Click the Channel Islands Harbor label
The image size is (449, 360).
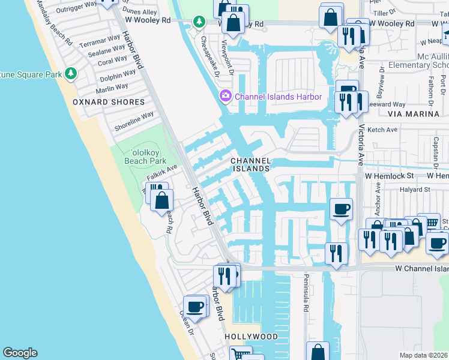tap(278, 97)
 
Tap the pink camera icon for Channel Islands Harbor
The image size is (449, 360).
tap(226, 96)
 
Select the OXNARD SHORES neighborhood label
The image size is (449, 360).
tap(109, 102)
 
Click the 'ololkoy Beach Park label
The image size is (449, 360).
tap(145, 157)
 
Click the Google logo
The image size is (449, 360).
tap(20, 353)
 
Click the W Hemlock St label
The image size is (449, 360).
tap(390, 176)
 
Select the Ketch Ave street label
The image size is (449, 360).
tap(383, 130)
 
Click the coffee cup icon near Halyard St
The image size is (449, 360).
tap(341, 209)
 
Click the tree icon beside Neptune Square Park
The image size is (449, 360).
tap(71, 74)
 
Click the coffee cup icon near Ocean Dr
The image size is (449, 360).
tap(195, 307)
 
